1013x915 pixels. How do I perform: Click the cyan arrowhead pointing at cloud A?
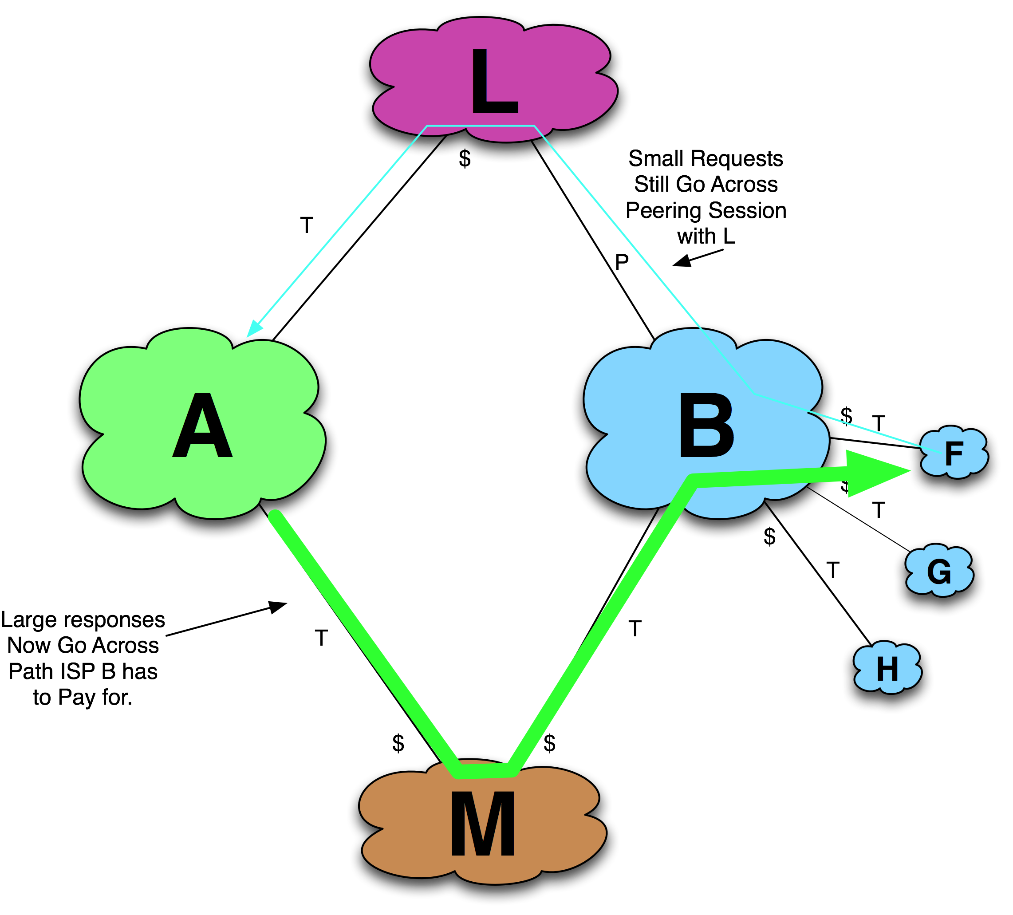tap(254, 328)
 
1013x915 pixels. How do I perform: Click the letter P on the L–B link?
tap(622, 262)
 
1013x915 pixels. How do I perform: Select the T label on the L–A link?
tap(307, 225)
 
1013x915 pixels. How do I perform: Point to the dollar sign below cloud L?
tap(465, 160)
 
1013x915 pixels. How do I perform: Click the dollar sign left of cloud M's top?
tap(398, 743)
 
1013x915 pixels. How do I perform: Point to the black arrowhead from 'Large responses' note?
tap(277, 607)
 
